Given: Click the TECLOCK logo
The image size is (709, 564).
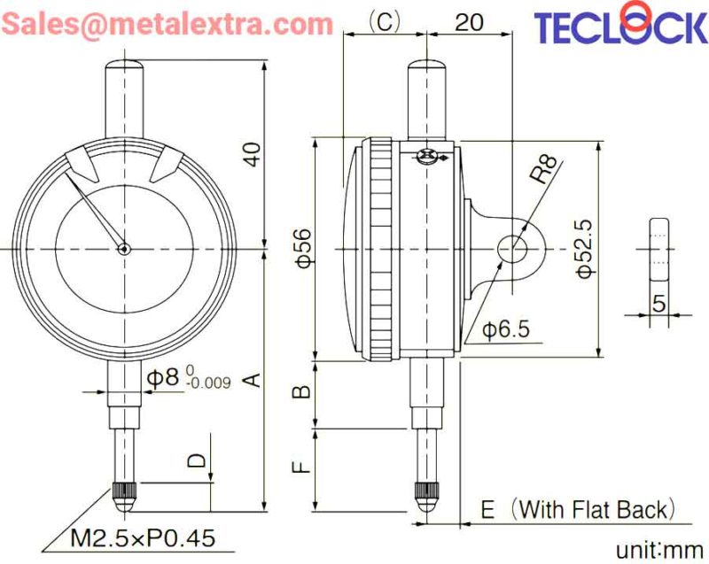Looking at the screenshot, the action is (621, 24).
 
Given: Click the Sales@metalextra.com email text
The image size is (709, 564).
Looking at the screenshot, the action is (168, 24).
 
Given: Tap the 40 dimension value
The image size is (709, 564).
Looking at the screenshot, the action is (254, 154).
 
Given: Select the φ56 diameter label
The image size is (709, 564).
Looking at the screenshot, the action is (304, 248).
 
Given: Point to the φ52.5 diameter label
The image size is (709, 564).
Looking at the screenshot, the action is (584, 249).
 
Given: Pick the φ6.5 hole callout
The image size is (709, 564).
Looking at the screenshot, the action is (505, 329).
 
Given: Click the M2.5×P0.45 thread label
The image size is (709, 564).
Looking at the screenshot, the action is (143, 537).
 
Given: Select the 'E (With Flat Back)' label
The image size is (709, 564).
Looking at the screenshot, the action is (579, 509).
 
